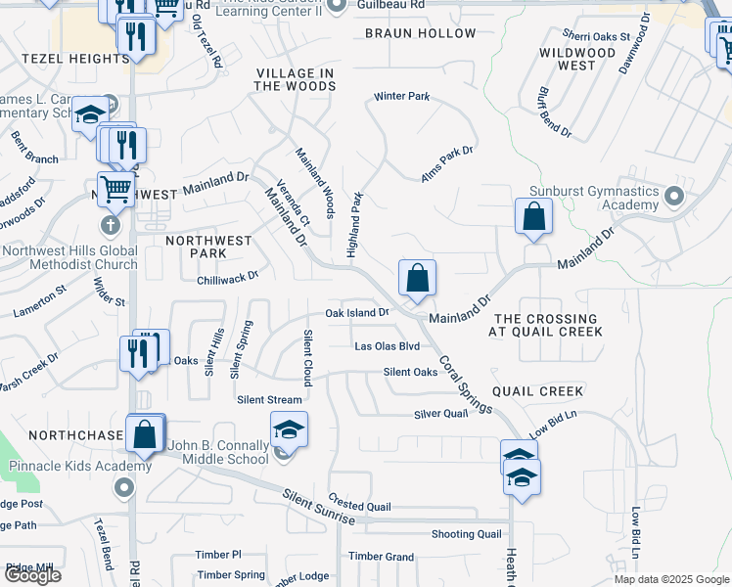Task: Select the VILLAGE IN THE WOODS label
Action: tap(295, 80)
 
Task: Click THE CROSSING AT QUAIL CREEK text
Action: tap(545, 326)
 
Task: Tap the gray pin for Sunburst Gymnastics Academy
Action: tap(673, 197)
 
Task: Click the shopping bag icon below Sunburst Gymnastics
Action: tap(533, 215)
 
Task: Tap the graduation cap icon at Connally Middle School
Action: tap(289, 429)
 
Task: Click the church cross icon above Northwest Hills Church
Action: tap(110, 225)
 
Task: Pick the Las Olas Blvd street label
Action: tap(387, 346)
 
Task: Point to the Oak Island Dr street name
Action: tap(357, 313)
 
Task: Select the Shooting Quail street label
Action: tap(467, 534)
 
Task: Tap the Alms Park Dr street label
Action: tap(446, 158)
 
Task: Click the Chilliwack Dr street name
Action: tap(226, 277)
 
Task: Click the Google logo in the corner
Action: tap(32, 575)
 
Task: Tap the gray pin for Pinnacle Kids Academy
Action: tap(122, 486)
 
